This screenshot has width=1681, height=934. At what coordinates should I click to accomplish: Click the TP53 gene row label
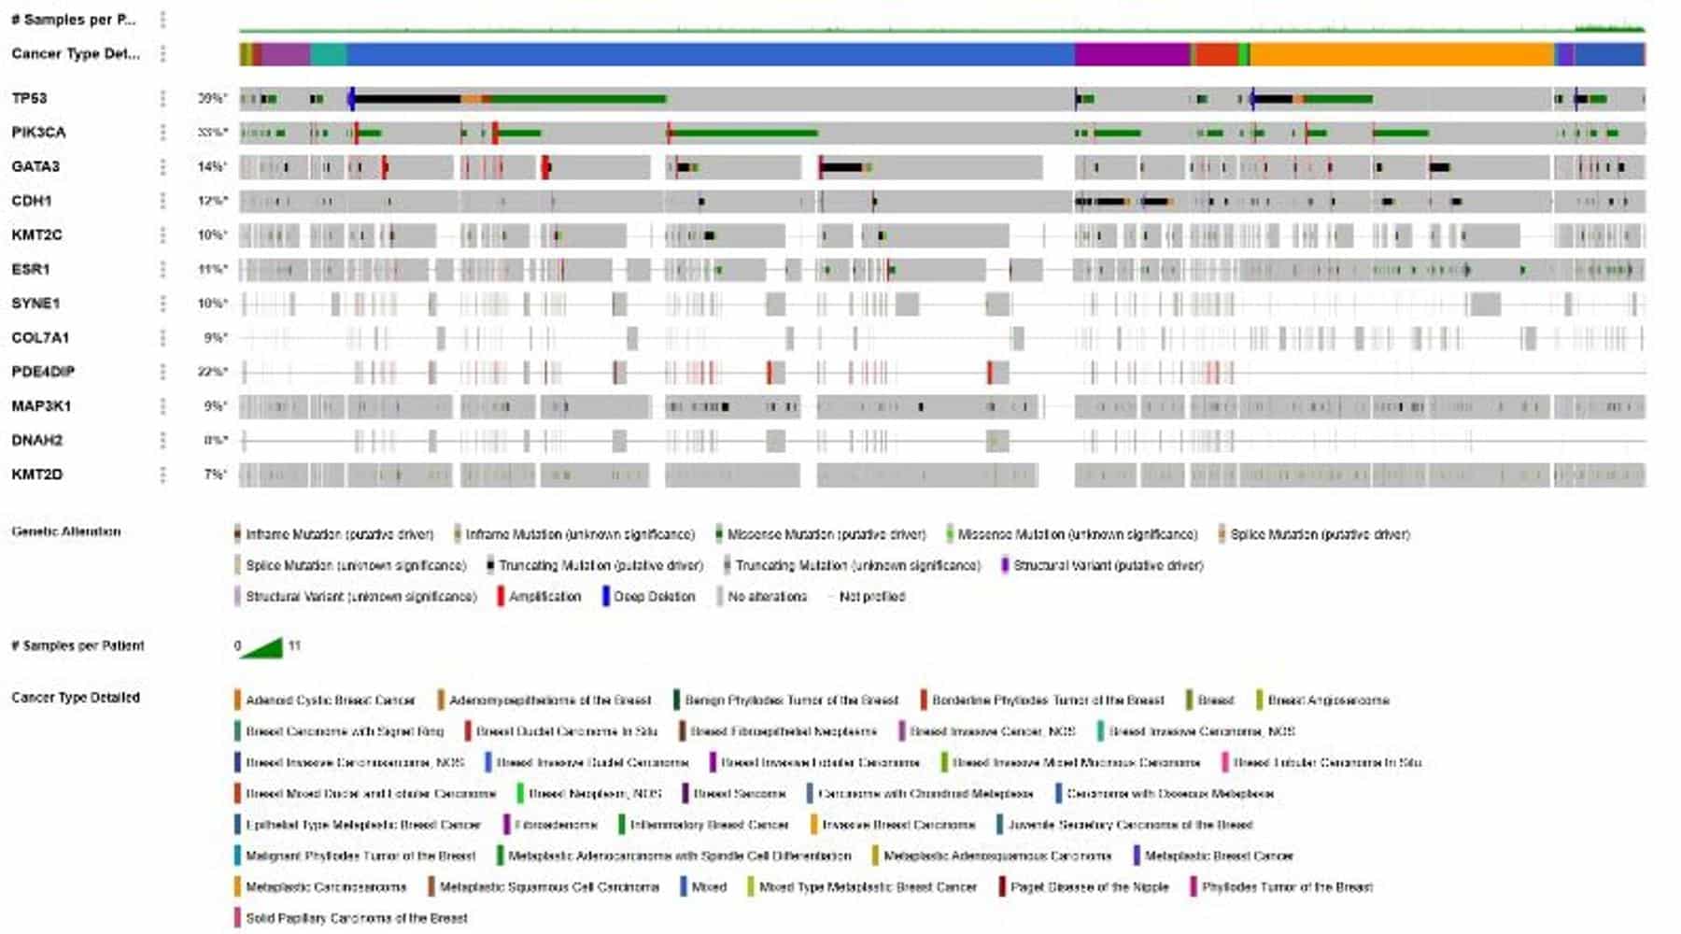click(29, 98)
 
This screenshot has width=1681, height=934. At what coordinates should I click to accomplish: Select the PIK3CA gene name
click(38, 133)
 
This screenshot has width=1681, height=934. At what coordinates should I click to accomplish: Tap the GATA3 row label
click(35, 166)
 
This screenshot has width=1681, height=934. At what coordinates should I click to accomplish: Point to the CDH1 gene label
click(32, 201)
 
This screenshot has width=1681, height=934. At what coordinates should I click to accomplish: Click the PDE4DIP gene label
click(43, 372)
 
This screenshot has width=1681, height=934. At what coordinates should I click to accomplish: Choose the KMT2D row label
click(37, 474)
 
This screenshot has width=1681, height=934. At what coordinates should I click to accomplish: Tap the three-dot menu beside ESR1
click(162, 269)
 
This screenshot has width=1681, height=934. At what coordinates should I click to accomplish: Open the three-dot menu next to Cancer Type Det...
click(162, 54)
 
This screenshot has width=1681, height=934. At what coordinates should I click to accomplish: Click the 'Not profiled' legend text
click(871, 597)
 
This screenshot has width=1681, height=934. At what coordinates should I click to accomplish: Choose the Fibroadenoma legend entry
click(555, 825)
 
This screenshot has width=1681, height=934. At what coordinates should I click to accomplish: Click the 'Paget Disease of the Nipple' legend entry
click(1089, 887)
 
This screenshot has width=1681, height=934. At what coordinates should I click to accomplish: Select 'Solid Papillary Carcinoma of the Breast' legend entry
click(356, 918)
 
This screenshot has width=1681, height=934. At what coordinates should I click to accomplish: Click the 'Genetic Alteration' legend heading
click(66, 531)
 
